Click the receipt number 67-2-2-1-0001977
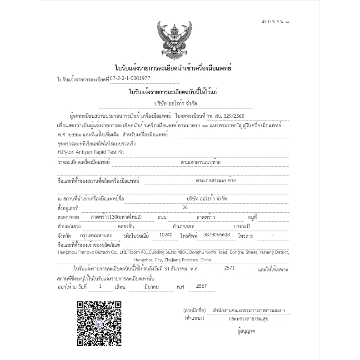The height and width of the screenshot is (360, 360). point(130,78)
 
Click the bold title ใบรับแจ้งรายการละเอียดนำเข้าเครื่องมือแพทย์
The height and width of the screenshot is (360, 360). point(174,68)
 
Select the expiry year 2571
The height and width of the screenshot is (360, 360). point(230,268)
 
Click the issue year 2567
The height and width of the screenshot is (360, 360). point(201,286)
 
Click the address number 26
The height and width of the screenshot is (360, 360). point(185,208)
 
